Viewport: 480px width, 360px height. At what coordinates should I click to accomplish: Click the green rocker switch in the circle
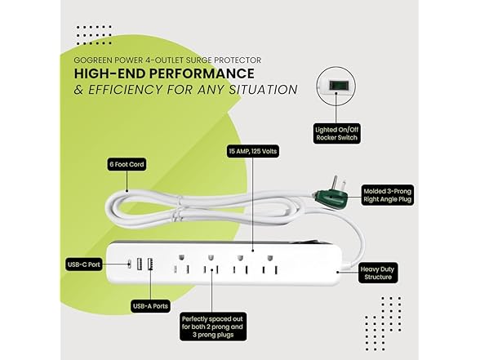[336, 86]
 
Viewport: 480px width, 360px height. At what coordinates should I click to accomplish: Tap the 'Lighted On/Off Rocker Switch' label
[336, 134]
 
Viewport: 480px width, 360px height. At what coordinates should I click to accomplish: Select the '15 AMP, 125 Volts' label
[253, 151]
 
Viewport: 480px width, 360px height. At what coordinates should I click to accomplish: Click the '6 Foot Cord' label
[127, 164]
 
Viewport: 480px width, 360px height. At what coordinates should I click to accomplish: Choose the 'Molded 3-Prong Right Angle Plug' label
[387, 195]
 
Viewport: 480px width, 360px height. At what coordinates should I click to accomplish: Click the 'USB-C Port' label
[84, 264]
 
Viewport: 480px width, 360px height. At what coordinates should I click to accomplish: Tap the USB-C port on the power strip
[130, 264]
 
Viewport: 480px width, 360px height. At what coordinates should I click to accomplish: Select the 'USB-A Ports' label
[150, 306]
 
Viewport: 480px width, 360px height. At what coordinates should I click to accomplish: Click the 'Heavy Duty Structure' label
[378, 273]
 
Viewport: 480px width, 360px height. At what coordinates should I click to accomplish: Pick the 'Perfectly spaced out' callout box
[213, 327]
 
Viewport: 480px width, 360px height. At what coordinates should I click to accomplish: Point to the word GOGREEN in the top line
[91, 60]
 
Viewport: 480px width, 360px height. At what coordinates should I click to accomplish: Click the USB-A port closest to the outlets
[150, 264]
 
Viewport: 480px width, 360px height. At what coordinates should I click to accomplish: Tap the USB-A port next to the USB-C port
[140, 264]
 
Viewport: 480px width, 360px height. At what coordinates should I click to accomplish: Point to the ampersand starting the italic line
[78, 90]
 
